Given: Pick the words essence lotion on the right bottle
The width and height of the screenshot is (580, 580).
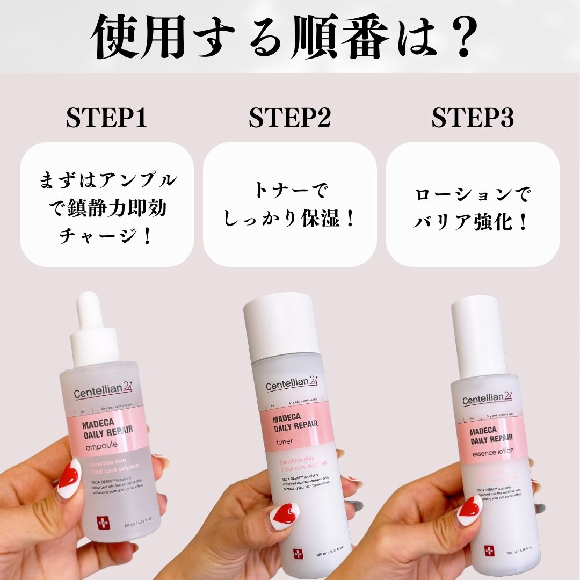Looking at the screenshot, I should click(493, 451).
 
